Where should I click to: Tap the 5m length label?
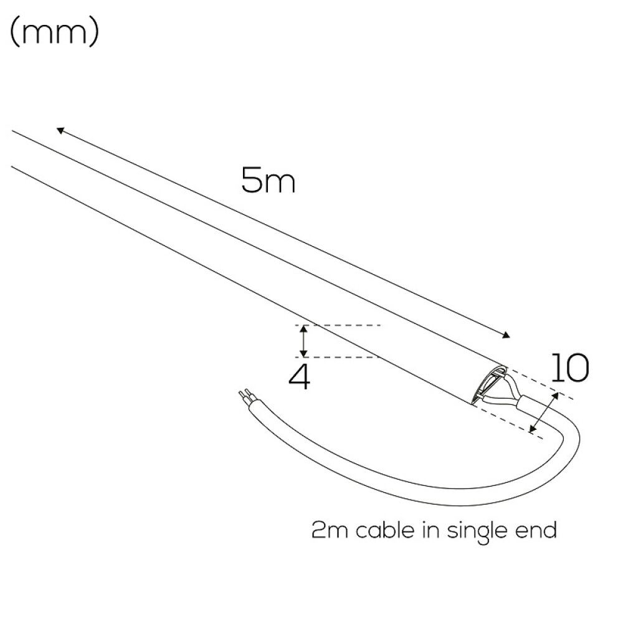(x=268, y=180)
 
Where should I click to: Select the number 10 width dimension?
(x=569, y=368)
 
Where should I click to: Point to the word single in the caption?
(x=477, y=531)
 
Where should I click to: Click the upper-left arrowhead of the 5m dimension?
(x=60, y=130)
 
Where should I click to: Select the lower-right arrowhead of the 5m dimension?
(x=506, y=335)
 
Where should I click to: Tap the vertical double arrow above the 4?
(x=303, y=341)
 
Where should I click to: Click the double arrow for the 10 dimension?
(x=545, y=412)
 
